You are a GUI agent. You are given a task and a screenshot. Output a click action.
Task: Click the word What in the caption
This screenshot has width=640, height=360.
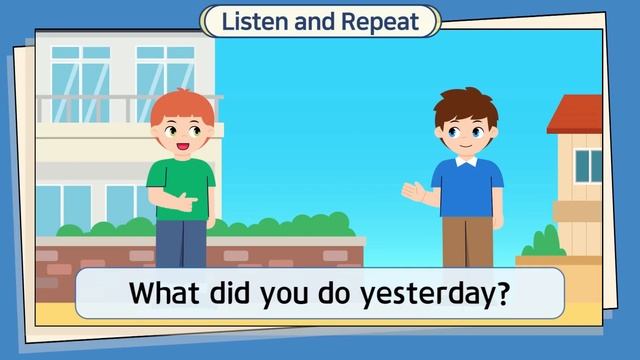[x=167, y=296]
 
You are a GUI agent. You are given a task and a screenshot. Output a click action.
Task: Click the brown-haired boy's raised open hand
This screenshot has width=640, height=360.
[x=410, y=190]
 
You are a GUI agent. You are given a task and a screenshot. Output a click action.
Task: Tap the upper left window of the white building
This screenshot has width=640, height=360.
[x=80, y=70]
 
